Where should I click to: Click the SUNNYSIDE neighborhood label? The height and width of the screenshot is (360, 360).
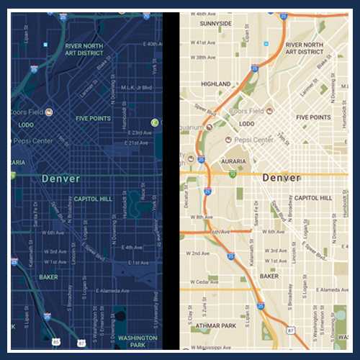coord(215,23)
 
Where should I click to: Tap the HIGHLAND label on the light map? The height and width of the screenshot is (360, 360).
coord(216,84)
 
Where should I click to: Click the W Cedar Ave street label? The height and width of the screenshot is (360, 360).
coord(205,280)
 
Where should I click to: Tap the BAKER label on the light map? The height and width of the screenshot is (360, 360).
coord(269,276)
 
